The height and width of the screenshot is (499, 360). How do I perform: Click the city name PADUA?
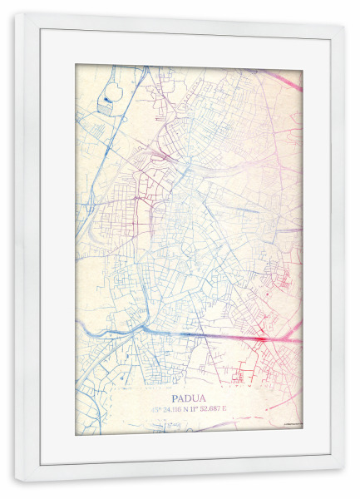point(189,398)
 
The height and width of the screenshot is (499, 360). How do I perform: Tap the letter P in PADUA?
point(175,398)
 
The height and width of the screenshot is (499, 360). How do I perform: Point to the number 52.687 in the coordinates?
point(215,409)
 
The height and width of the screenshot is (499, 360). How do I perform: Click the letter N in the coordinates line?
point(190,409)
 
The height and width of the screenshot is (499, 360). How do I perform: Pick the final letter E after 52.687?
point(234,409)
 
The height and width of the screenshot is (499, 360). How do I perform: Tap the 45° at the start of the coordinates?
point(155,409)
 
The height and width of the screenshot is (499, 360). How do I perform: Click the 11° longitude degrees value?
point(200,409)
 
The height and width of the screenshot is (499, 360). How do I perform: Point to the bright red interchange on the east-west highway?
point(259,338)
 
